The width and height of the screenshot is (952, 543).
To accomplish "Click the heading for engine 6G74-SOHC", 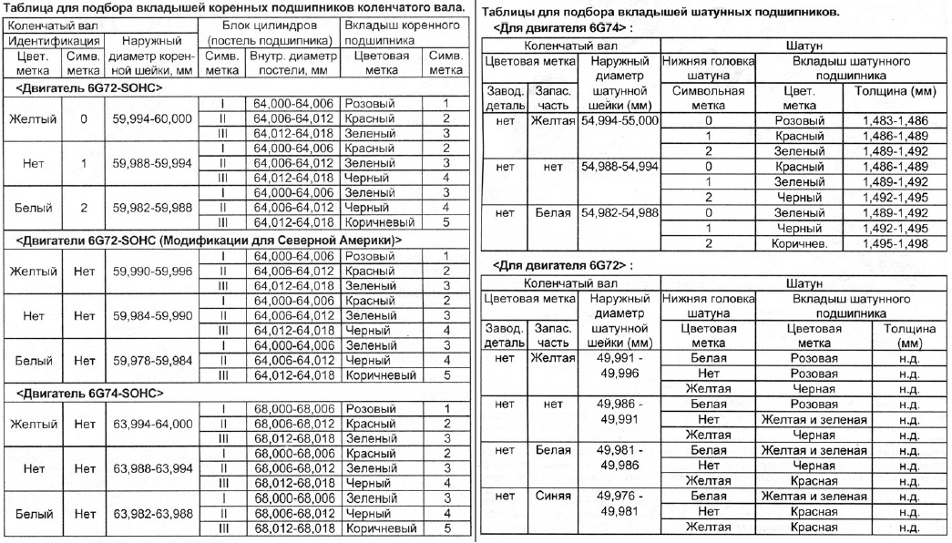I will (90, 393).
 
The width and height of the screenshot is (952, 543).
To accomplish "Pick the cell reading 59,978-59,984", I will (148, 360).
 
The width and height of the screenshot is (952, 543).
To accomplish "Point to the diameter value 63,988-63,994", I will (148, 469).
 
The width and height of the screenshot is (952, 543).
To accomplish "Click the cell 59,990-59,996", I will (148, 271).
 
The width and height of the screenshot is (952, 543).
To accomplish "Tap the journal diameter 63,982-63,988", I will (148, 514).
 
